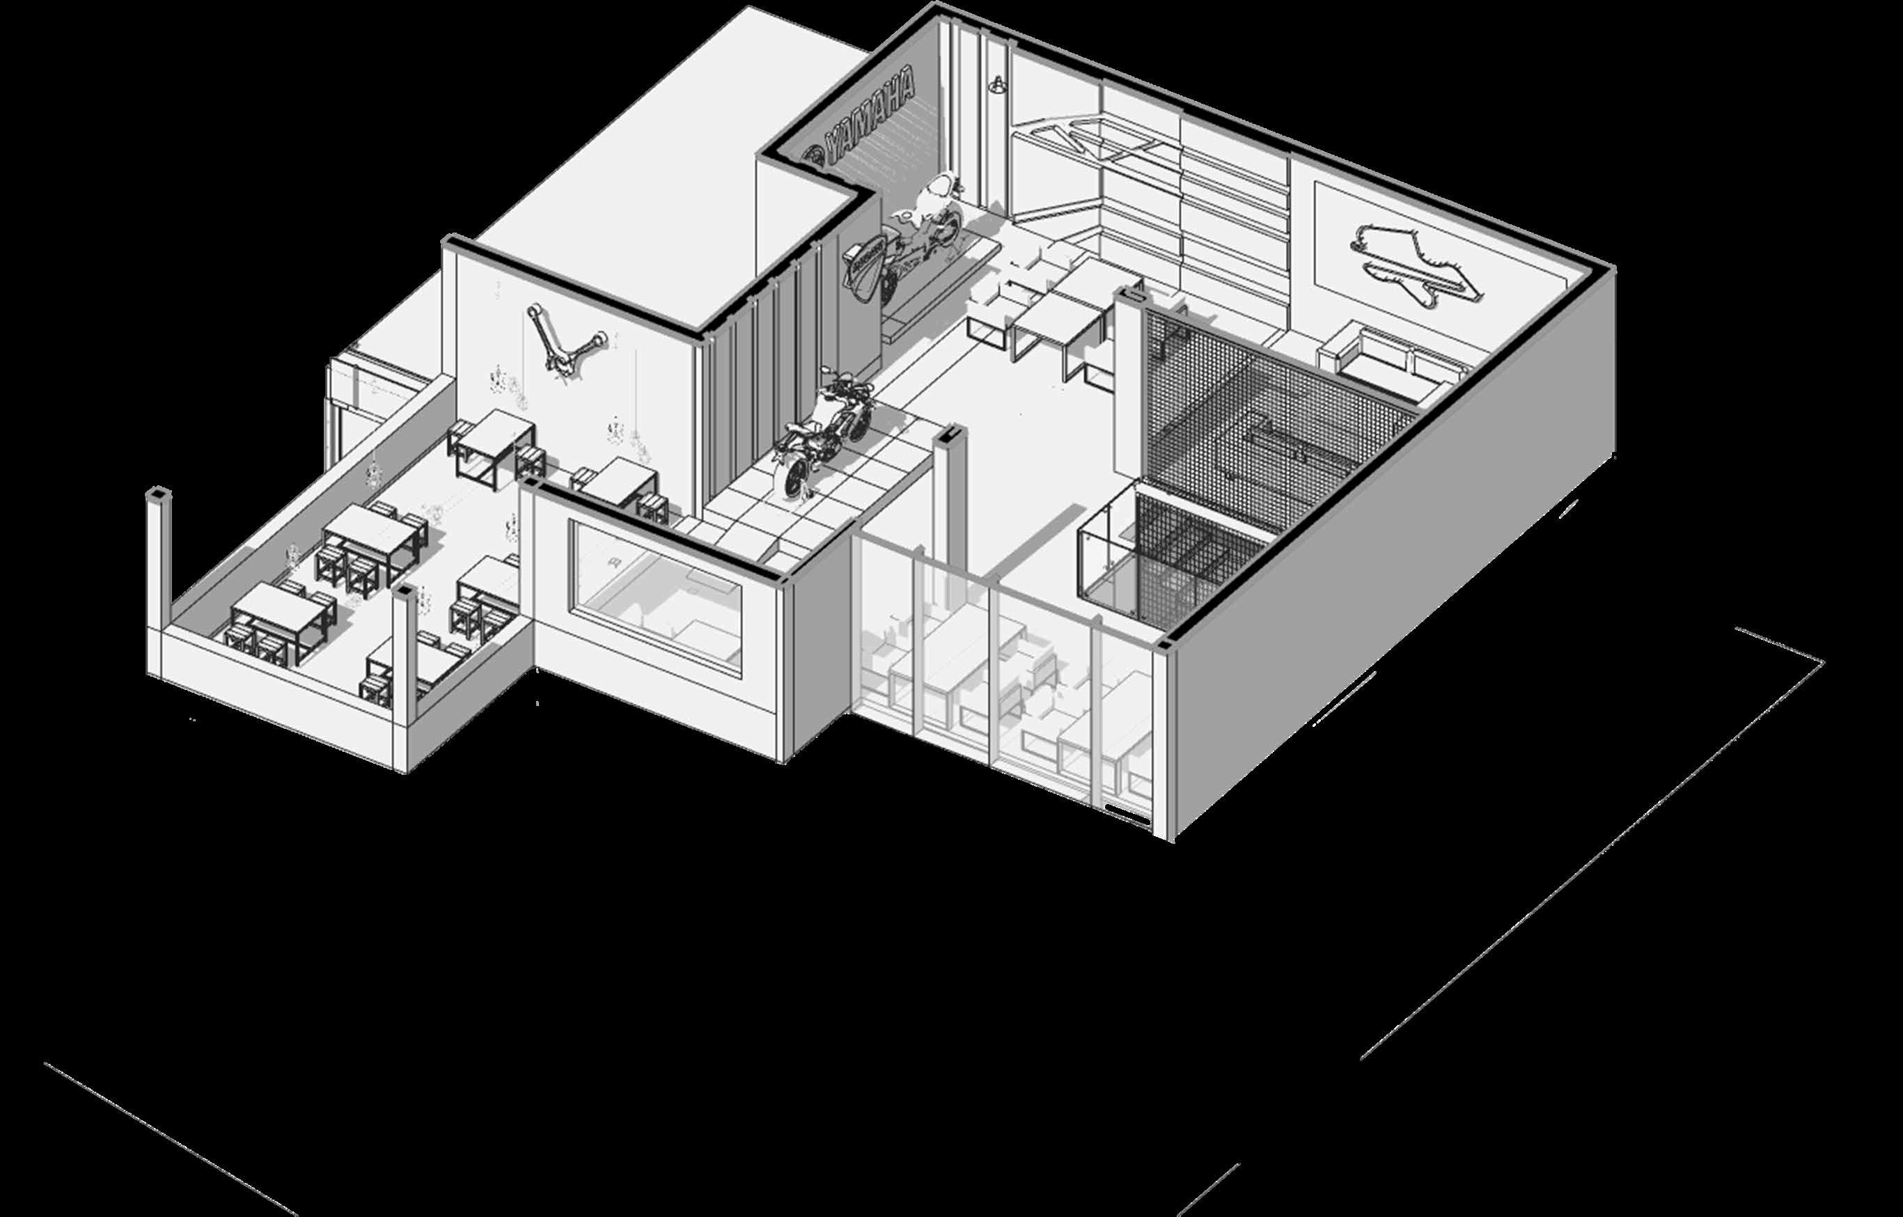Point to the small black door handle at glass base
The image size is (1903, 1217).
[x=1119, y=808]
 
